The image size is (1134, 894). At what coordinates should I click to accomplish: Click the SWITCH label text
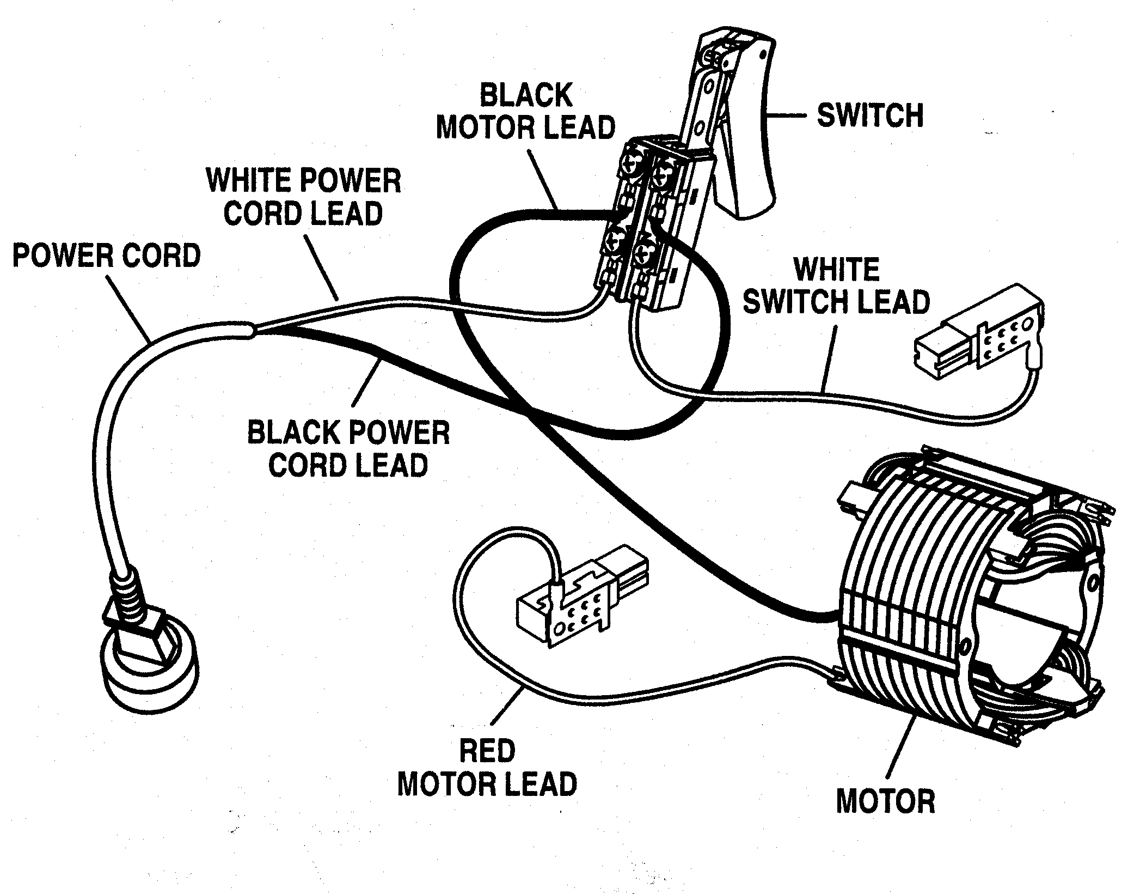click(870, 116)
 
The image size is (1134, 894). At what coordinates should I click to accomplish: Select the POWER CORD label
click(107, 256)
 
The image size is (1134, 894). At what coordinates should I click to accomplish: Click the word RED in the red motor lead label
click(487, 751)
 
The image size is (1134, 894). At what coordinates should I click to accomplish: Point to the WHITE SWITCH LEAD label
click(837, 285)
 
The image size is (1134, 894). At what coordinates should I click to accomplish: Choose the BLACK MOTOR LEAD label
click(525, 112)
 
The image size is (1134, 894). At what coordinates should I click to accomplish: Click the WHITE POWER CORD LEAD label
click(304, 197)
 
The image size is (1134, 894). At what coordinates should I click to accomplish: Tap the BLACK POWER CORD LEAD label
click(348, 449)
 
